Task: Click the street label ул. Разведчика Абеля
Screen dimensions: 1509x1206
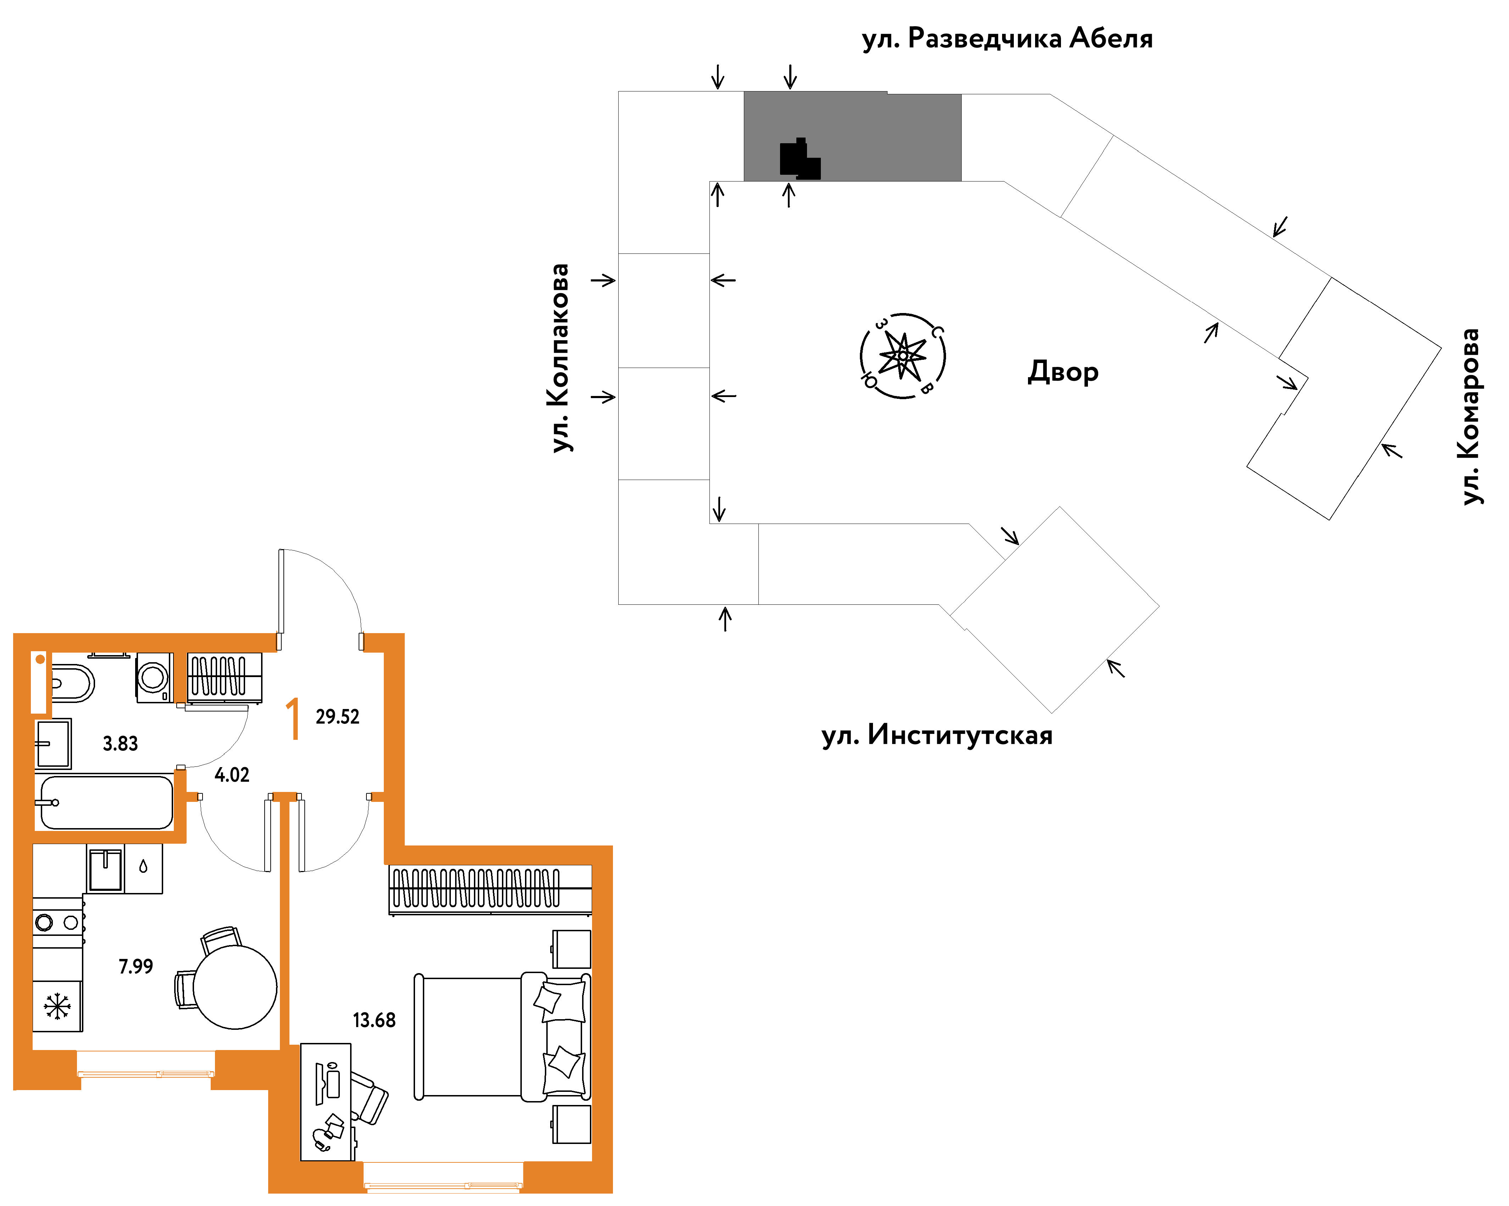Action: tap(1007, 39)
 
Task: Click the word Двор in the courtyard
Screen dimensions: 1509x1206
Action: tap(1062, 372)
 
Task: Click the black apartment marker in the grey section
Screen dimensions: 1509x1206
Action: tap(799, 159)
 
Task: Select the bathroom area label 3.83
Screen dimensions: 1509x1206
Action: tap(120, 744)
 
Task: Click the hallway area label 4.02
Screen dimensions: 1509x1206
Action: tap(232, 774)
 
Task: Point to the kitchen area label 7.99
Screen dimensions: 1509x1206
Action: tap(136, 966)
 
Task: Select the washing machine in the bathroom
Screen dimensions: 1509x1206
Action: tap(154, 677)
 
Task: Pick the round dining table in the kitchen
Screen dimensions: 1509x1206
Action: tap(235, 987)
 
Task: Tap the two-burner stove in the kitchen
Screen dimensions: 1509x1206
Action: tap(57, 922)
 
